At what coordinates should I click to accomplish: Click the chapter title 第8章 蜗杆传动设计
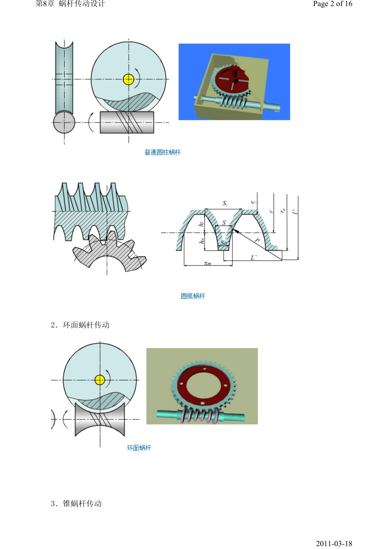[x=70, y=4]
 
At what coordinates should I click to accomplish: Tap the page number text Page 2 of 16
[x=332, y=4]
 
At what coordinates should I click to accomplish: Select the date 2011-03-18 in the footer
[x=334, y=543]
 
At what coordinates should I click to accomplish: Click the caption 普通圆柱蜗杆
[x=162, y=152]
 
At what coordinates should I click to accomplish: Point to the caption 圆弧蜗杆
[x=193, y=296]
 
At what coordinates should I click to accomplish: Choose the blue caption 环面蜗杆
[x=139, y=448]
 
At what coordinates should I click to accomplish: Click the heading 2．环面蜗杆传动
[x=80, y=325]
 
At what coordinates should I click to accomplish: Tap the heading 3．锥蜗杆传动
[x=76, y=504]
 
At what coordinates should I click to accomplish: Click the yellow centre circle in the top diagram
[x=129, y=79]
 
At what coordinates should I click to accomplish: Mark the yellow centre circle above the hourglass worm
[x=100, y=380]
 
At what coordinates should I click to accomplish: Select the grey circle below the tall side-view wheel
[x=64, y=122]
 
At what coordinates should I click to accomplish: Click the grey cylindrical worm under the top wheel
[x=127, y=122]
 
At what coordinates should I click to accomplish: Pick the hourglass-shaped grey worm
[x=100, y=420]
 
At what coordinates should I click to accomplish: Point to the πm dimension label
[x=208, y=263]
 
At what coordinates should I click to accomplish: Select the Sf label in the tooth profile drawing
[x=225, y=203]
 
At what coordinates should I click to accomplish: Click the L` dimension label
[x=253, y=257]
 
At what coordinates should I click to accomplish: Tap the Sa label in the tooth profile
[x=224, y=243]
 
